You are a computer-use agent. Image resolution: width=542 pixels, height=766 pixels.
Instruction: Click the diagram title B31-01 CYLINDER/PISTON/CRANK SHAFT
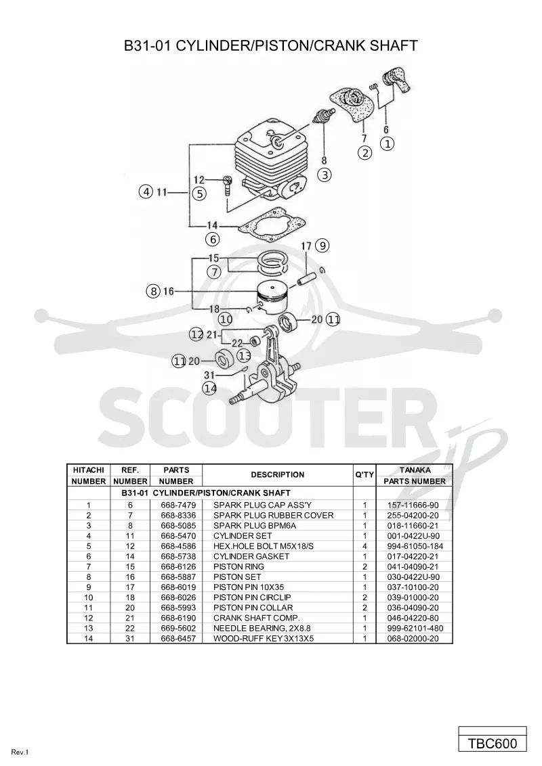[x=270, y=45]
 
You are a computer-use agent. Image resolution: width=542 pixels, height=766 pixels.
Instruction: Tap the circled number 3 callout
[x=325, y=175]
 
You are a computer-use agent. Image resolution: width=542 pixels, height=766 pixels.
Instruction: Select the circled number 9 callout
[x=322, y=245]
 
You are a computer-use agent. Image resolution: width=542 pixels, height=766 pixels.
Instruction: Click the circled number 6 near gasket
[x=212, y=240]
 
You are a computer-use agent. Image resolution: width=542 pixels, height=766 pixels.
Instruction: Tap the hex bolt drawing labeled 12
[x=228, y=185]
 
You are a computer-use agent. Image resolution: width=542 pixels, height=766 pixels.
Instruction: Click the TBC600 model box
[x=493, y=743]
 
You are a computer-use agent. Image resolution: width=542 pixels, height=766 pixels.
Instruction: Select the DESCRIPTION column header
[x=277, y=474]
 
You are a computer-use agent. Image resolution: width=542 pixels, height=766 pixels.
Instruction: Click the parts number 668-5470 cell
[x=176, y=536]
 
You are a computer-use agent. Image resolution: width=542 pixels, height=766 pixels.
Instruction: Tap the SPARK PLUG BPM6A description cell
[x=254, y=526]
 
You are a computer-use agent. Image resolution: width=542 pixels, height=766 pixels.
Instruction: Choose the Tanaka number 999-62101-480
[x=415, y=628]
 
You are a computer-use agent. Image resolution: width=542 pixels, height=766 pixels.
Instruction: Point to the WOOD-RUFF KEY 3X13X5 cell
[x=264, y=639]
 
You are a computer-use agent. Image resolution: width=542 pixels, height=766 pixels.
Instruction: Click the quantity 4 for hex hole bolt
[x=365, y=546]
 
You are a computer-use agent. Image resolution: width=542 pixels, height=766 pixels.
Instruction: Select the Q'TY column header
[x=364, y=474]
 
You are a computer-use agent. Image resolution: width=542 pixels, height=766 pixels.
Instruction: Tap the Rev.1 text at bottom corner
[x=20, y=752]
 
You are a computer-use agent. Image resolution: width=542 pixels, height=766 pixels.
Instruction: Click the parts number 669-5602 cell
[x=176, y=628]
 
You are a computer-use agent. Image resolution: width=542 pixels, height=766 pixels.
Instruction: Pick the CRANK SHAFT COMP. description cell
[x=257, y=618]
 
